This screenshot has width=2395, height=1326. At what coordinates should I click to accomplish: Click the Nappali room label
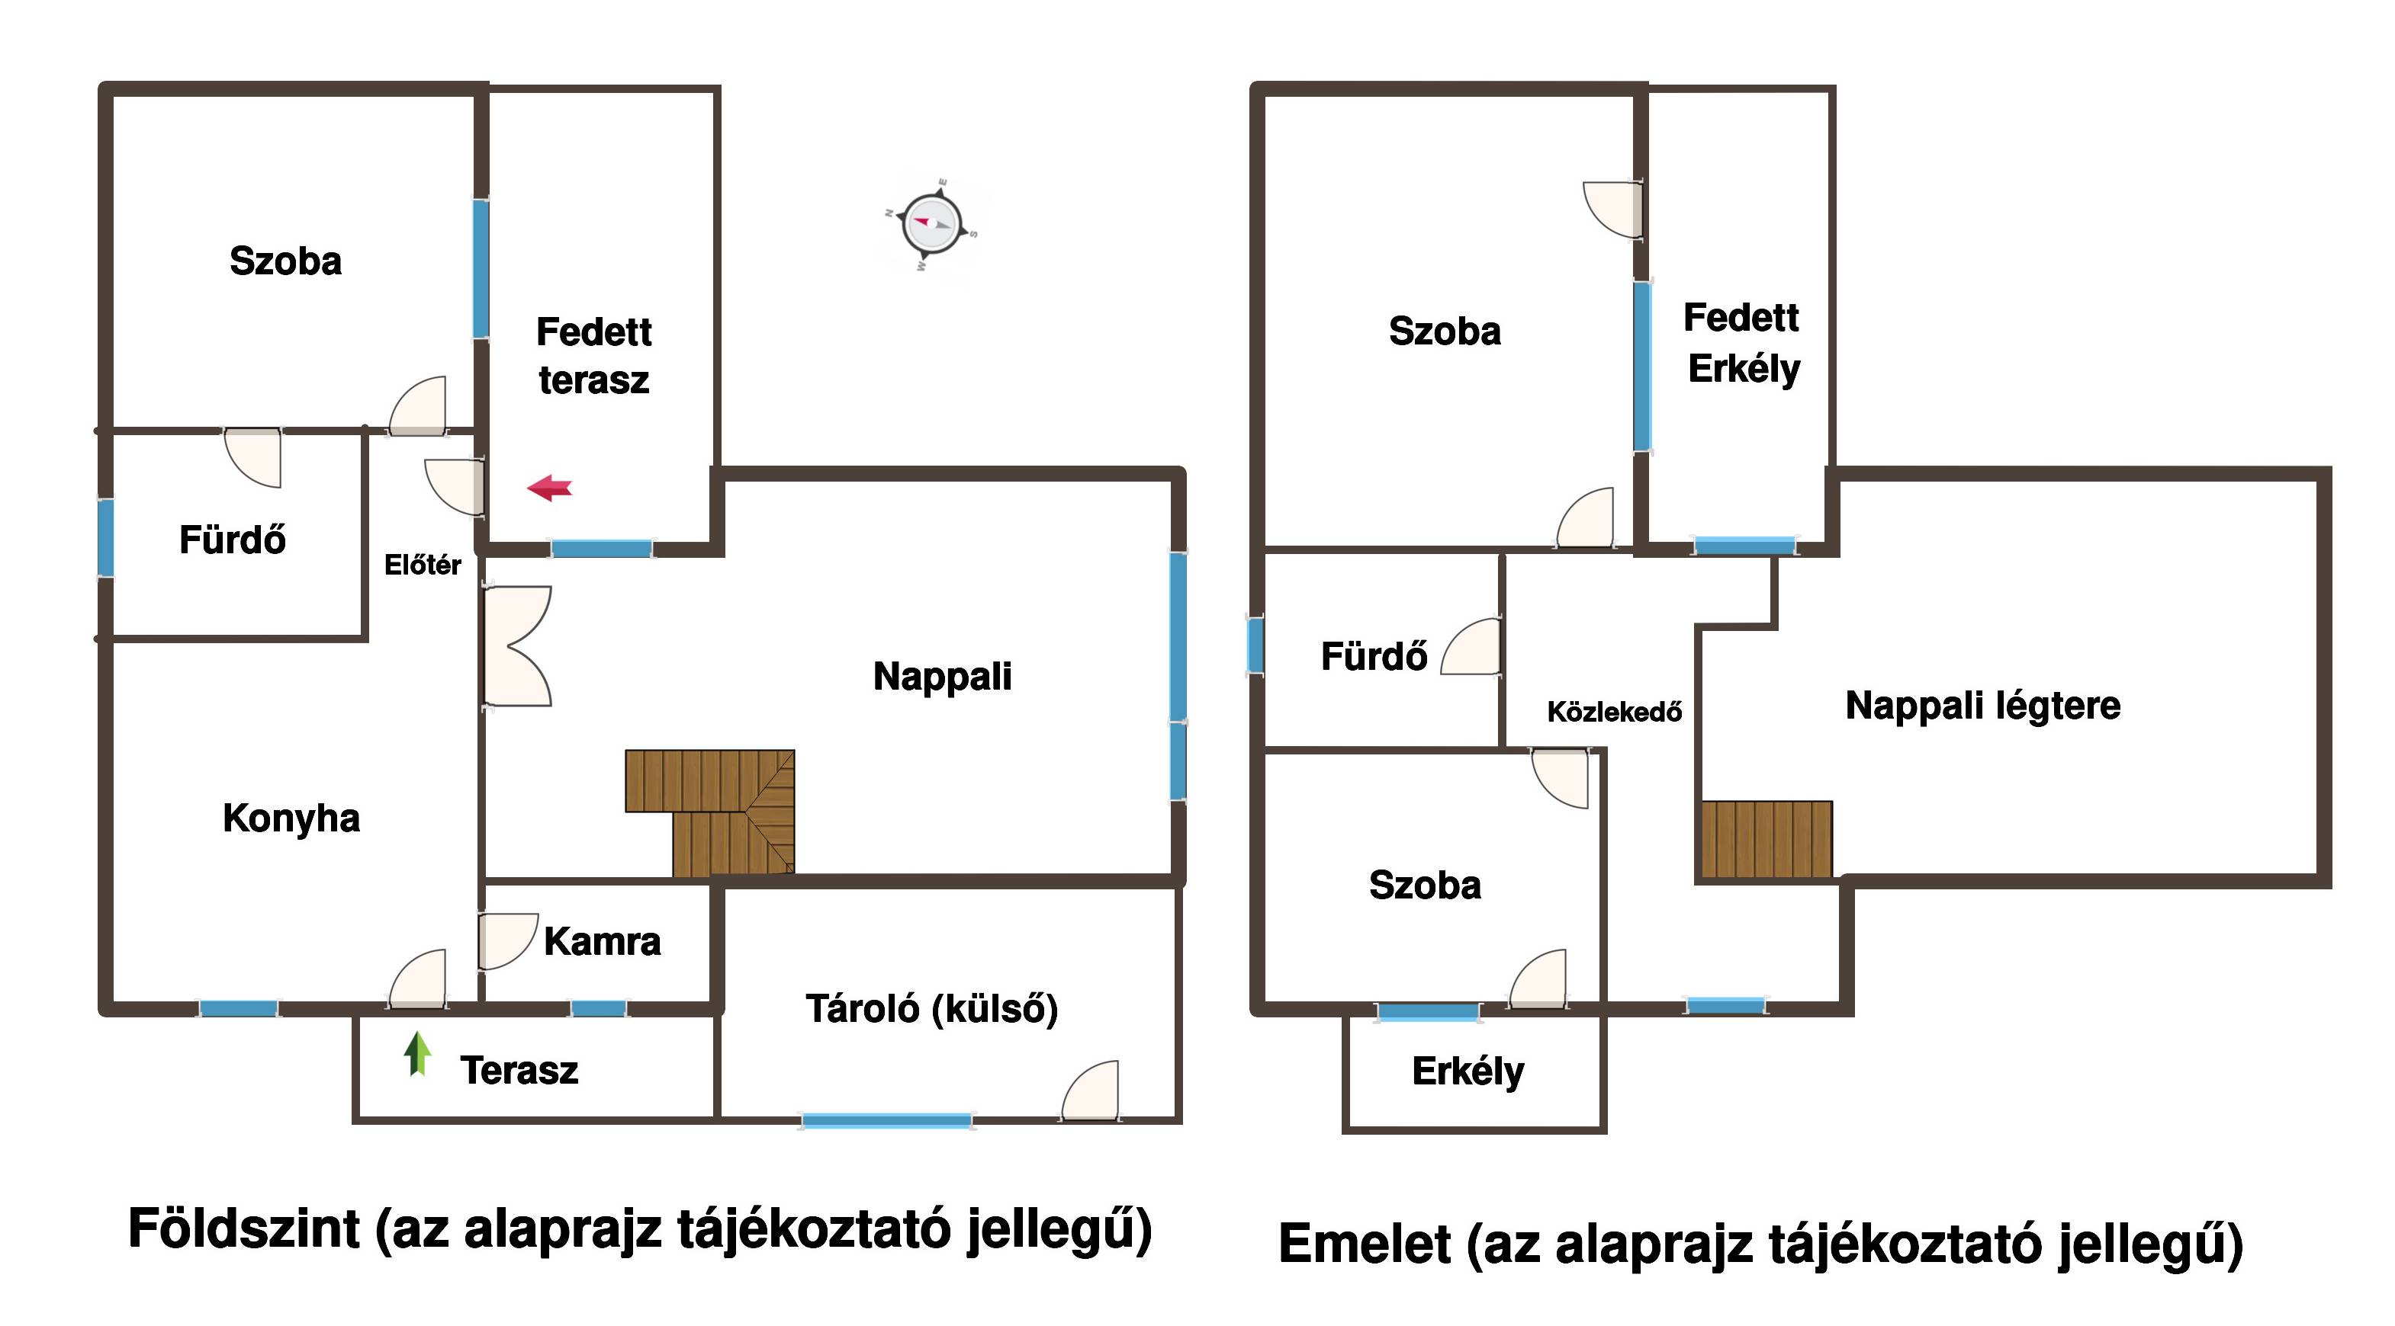pos(942,677)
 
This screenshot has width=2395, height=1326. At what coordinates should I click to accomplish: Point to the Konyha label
pos(291,818)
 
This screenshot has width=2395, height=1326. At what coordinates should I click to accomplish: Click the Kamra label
pos(603,941)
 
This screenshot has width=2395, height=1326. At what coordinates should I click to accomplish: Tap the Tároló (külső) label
pos(931,1009)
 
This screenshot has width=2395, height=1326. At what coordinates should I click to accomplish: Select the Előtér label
pos(423,565)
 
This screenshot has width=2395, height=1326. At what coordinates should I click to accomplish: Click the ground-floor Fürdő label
pos(233,539)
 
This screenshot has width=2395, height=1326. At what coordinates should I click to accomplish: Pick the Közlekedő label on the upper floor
pos(1615,712)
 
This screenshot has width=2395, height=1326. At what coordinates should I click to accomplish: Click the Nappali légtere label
pos(1983,705)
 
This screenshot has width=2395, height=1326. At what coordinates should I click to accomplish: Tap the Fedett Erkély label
pos(1742,343)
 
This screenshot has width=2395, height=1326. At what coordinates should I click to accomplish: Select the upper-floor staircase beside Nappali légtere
pos(1767,839)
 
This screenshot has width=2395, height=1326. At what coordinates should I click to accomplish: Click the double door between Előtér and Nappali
pos(518,645)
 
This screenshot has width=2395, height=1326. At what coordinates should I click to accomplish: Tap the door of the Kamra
pos(508,941)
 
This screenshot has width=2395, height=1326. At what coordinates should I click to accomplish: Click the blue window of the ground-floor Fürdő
pos(106,537)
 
